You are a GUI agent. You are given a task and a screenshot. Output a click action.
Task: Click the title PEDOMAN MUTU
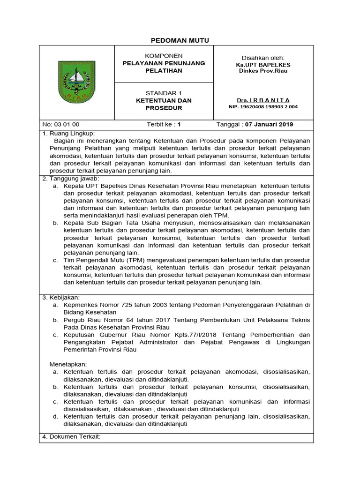(x=180, y=41)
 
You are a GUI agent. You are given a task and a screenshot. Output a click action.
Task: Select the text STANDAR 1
(x=157, y=93)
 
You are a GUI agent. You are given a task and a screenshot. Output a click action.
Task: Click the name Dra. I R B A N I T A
(x=263, y=100)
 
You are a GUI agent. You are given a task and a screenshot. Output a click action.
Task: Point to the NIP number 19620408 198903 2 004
(x=263, y=107)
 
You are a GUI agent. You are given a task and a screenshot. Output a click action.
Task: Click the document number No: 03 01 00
(x=61, y=124)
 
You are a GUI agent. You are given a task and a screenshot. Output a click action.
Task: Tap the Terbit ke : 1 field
(x=164, y=124)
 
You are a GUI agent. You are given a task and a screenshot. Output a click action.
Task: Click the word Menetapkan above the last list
(x=68, y=364)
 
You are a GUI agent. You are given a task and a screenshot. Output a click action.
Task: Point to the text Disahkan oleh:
(x=263, y=57)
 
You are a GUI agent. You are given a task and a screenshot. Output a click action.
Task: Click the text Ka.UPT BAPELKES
(x=263, y=64)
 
